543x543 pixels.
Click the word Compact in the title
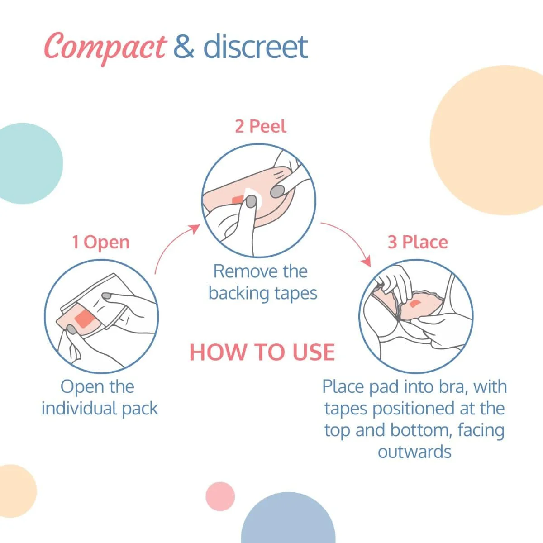(x=105, y=47)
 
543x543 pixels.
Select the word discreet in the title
(x=256, y=46)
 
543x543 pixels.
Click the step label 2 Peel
(x=261, y=126)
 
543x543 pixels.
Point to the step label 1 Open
(x=100, y=243)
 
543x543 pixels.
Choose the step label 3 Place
(x=418, y=242)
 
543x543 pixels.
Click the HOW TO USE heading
(x=262, y=352)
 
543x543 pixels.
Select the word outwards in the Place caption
(x=414, y=452)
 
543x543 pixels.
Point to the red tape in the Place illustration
(x=415, y=303)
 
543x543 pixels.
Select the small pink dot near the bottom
(x=220, y=496)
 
